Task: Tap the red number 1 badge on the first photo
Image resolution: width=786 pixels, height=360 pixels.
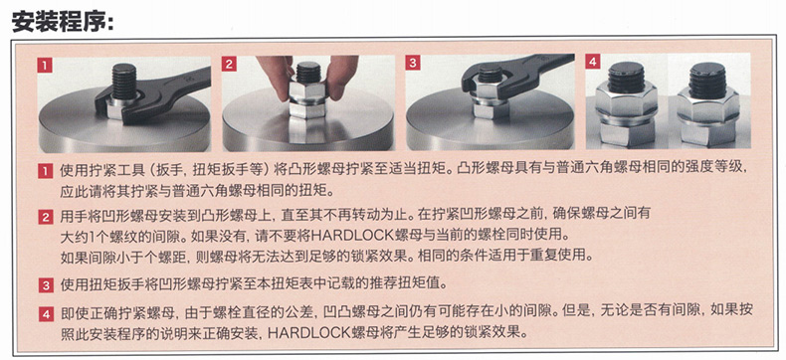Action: [x=45, y=65]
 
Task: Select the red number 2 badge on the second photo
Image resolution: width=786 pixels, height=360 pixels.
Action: [x=230, y=64]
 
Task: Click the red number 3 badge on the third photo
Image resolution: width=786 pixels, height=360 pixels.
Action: [x=413, y=63]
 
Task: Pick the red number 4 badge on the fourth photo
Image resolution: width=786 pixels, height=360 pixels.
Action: [x=594, y=62]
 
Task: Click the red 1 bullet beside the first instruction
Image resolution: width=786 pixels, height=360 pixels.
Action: [x=45, y=171]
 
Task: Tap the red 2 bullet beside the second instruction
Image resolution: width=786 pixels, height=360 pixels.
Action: [x=45, y=218]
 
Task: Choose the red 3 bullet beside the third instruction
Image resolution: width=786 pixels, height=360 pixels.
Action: [x=45, y=285]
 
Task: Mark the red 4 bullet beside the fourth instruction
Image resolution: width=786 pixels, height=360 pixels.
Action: [x=45, y=314]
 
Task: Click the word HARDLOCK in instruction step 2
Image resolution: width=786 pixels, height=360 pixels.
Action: [x=353, y=235]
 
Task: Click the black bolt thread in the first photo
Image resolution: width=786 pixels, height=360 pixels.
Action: [x=123, y=81]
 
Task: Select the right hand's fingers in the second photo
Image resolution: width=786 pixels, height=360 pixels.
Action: [x=342, y=75]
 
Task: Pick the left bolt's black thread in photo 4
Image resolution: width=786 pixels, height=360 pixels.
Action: [x=626, y=78]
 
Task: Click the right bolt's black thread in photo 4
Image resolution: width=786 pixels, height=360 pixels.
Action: [x=706, y=81]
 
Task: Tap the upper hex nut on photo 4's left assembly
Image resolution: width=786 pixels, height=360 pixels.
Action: [x=626, y=101]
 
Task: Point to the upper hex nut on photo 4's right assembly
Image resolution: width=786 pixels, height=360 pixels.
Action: [x=707, y=105]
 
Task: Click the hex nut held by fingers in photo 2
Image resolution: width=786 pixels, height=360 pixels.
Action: [x=307, y=92]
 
